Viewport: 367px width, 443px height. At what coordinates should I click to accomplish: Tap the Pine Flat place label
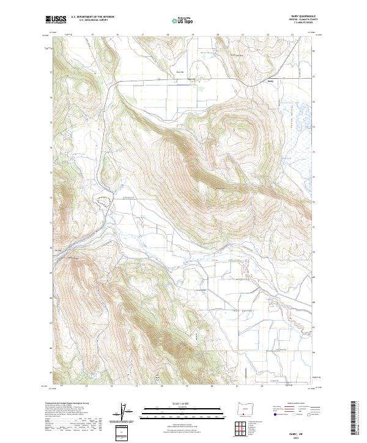tap(179, 72)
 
